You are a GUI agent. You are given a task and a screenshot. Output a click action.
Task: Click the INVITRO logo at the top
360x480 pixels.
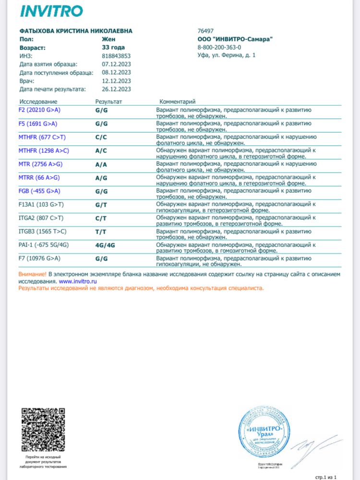tap(51, 11)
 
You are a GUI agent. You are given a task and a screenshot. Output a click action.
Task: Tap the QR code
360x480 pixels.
tap(43, 429)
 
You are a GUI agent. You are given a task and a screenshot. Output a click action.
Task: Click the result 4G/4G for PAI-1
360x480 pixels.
tap(105, 245)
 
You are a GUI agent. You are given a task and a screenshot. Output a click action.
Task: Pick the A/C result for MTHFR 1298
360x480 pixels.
tap(101, 150)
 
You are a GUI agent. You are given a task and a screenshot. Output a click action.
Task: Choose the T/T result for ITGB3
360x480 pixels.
tap(101, 231)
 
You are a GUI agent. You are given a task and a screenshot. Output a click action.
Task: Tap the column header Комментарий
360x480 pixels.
tap(177, 102)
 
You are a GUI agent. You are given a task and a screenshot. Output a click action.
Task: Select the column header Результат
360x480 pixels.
tap(108, 102)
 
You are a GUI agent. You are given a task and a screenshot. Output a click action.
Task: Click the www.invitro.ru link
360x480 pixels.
tap(78, 281)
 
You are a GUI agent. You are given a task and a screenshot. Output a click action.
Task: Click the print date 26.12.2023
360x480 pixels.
tap(116, 89)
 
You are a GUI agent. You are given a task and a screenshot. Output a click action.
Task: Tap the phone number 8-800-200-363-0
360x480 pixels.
tap(219, 48)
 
